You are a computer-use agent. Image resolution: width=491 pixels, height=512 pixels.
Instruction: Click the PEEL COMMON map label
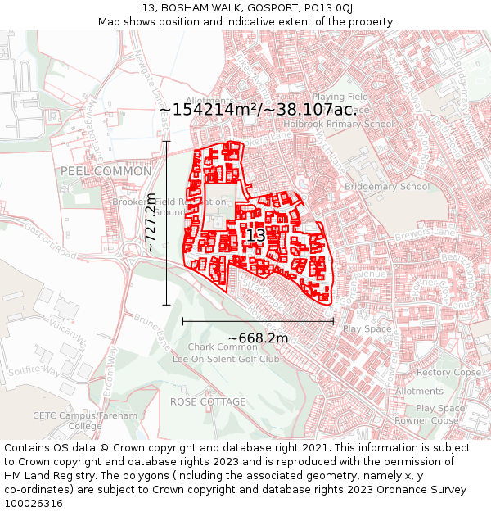coord(106,171)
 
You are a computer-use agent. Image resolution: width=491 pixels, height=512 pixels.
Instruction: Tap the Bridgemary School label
coord(386,187)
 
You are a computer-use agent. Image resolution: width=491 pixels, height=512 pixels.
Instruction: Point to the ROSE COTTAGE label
coord(208,402)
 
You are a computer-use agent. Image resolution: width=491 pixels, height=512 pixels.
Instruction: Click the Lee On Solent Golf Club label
coord(225,359)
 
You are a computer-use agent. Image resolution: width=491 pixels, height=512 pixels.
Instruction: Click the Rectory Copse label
coord(448,373)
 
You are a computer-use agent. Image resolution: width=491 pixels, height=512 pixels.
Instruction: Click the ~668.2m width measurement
coord(258,338)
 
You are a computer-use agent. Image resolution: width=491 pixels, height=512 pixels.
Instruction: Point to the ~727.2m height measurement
coord(151,222)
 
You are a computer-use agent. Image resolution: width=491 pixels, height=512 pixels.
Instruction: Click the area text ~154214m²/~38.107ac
coord(255,110)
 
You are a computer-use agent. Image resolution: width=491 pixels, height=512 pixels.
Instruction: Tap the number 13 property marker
coord(255,236)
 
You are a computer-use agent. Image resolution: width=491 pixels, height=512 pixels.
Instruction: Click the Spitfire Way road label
coord(33,371)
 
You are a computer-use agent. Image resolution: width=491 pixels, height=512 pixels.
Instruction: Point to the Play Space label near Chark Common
coord(367,329)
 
